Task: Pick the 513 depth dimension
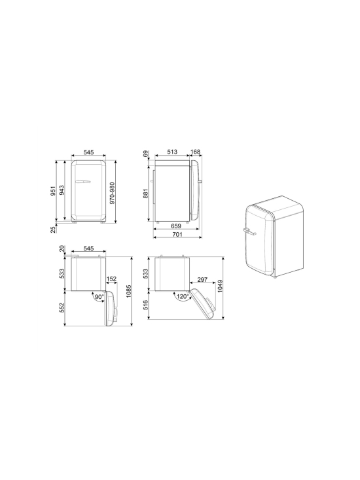point(172,152)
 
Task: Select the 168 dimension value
point(195,152)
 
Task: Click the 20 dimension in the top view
point(61,249)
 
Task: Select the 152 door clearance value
point(112,280)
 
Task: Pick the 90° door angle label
point(99,297)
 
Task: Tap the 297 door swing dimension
point(203,280)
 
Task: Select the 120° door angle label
point(182,296)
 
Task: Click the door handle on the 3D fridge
point(249,231)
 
